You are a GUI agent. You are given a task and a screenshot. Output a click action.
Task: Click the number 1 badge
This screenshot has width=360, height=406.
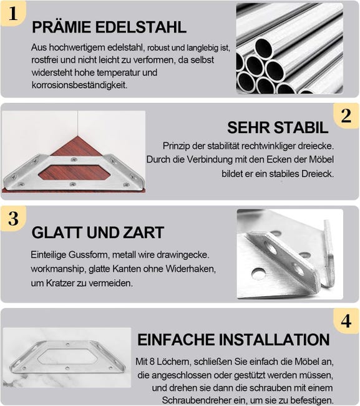pos(13,13)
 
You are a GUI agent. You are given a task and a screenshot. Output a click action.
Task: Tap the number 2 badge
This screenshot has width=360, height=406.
pos(346,116)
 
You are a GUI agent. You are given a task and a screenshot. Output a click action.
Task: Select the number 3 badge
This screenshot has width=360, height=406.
pos(13,218)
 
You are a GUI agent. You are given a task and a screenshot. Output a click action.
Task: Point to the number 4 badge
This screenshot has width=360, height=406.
pos(346,321)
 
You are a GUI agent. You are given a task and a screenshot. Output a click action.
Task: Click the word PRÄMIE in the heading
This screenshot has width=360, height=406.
pos(61,27)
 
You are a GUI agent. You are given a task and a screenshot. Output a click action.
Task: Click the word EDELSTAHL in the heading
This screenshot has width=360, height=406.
pos(141,27)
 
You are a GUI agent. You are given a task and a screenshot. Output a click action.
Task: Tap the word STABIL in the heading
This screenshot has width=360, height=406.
pos(301,127)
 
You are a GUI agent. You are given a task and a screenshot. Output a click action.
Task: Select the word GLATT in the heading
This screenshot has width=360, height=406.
pos(57,232)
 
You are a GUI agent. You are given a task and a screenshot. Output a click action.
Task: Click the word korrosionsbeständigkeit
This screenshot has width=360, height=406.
pos(79,85)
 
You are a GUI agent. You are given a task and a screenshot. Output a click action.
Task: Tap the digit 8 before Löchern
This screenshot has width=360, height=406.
pos(152,362)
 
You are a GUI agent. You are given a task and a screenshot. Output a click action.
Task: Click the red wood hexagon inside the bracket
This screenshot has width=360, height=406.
pos(74,172)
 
